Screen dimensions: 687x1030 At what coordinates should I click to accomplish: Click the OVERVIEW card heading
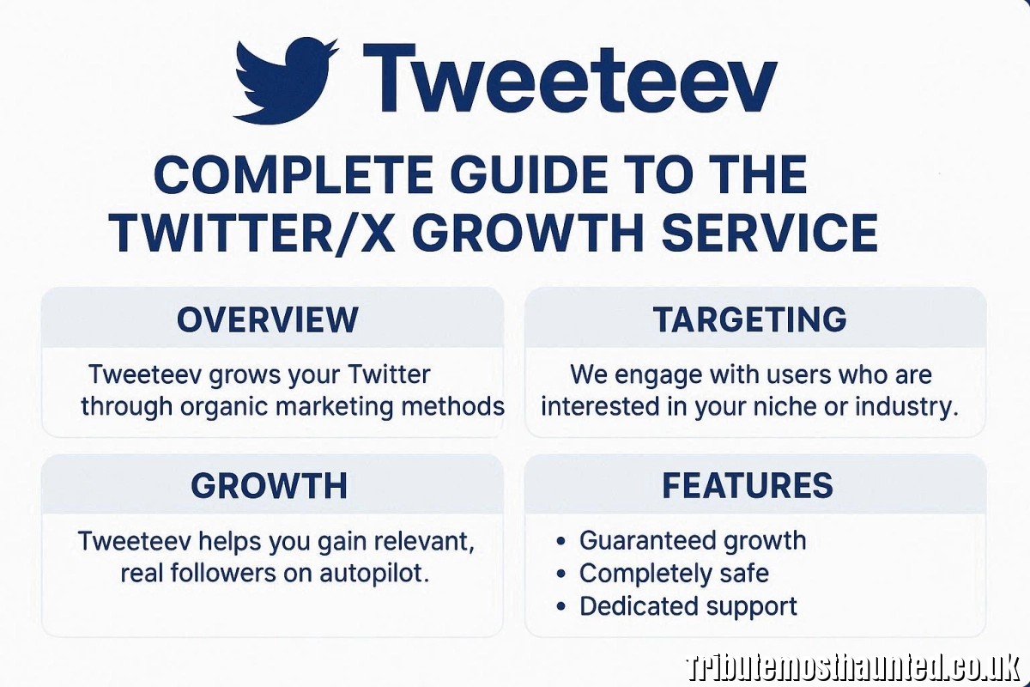click(268, 319)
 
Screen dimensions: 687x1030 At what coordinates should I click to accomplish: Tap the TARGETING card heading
click(749, 319)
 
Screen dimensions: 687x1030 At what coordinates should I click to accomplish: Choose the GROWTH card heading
click(269, 486)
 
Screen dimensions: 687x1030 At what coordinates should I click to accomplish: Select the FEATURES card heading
click(747, 486)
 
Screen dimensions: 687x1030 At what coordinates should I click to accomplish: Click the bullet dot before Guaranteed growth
click(560, 542)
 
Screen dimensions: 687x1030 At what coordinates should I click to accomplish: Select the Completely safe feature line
click(674, 573)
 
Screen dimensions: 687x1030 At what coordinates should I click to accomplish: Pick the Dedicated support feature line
click(688, 605)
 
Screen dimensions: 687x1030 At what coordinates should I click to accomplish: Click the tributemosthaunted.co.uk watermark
click(853, 667)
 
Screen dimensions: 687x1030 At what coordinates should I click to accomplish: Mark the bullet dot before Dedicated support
click(560, 607)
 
